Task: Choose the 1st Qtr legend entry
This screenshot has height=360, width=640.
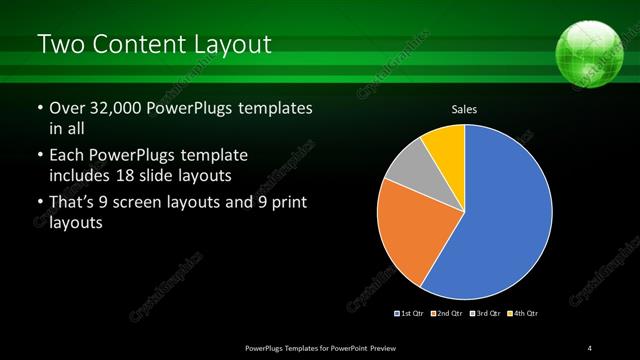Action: pos(410,313)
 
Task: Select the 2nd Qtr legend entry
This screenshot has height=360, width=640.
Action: pos(446,313)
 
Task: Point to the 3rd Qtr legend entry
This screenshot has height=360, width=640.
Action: pos(484,313)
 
